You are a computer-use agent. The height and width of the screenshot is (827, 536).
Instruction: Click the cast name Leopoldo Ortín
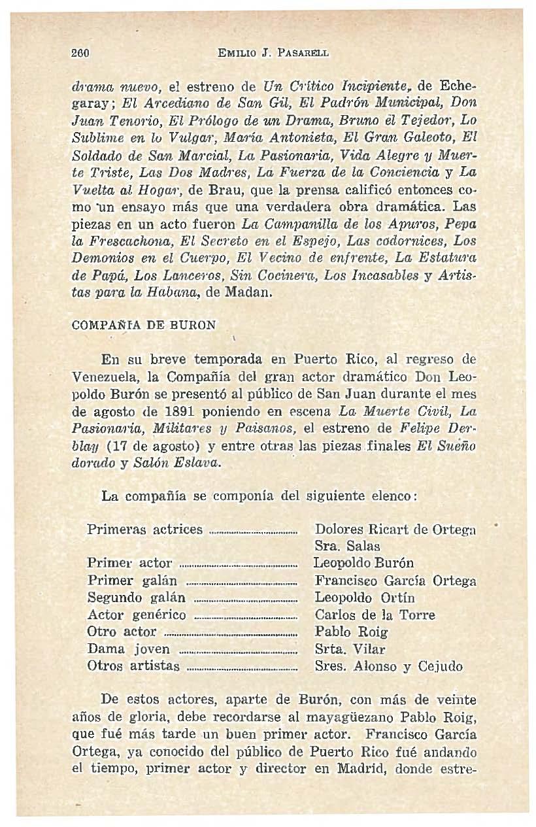click(365, 598)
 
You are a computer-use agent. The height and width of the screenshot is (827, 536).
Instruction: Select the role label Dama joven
click(129, 649)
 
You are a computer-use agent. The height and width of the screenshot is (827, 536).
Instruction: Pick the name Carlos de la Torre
click(375, 615)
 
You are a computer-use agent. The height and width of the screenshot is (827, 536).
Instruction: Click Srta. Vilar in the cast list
click(350, 649)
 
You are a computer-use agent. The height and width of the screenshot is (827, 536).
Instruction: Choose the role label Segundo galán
click(137, 598)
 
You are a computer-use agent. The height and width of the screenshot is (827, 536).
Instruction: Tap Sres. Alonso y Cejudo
click(388, 667)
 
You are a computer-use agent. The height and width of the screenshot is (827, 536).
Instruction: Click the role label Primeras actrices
click(144, 529)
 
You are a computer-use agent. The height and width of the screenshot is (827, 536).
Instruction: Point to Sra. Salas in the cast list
click(347, 546)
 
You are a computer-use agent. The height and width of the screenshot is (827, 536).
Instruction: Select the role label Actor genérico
click(137, 615)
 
